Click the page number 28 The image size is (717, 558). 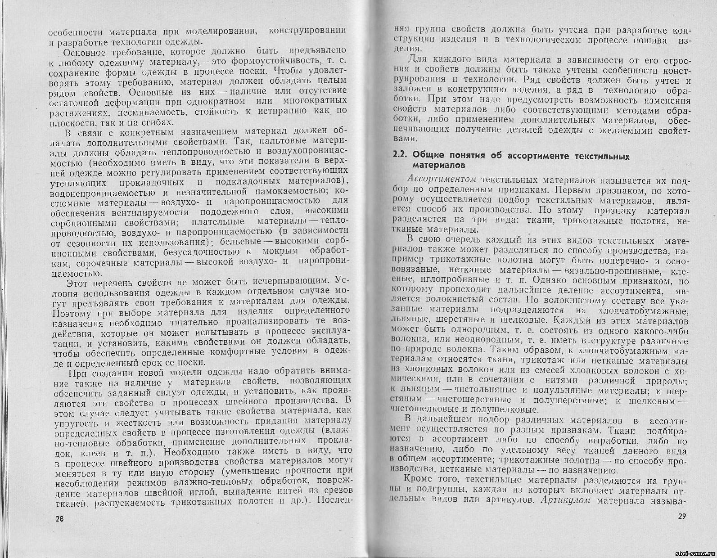(59, 518)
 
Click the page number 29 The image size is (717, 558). (681, 516)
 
